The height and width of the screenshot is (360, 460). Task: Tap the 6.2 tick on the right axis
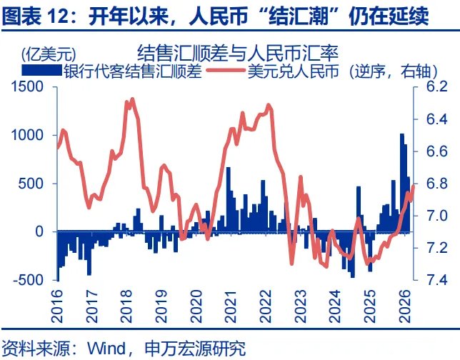(x=436, y=86)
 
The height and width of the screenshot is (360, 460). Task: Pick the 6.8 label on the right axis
(x=436, y=184)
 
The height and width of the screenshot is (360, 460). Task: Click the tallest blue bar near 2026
(x=401, y=182)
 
